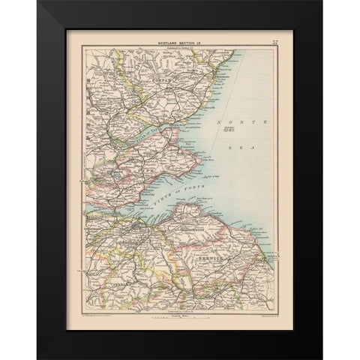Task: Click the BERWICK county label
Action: click(205, 256)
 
